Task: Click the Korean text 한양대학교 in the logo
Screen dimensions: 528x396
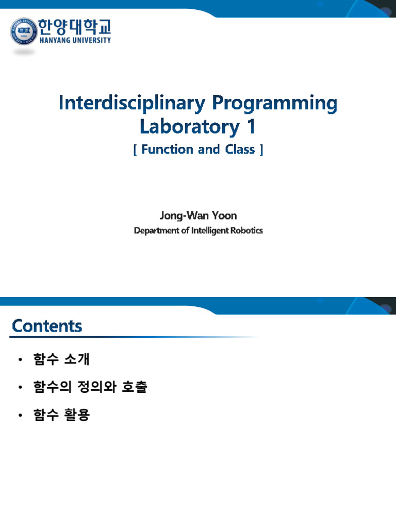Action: pos(74,26)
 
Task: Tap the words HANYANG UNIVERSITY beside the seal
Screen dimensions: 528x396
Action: pos(74,40)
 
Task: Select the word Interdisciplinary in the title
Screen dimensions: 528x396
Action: pos(132,103)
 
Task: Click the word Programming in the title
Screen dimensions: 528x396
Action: pos(274,104)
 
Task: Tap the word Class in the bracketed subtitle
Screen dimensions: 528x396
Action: pos(240,150)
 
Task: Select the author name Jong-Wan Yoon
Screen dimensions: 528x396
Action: pos(198,215)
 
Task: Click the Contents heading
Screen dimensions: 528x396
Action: pos(47,326)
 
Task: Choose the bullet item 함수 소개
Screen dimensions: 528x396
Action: pos(62,360)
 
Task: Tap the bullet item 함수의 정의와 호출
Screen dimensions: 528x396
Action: pos(90,387)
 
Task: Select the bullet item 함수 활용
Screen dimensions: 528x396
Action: pos(62,415)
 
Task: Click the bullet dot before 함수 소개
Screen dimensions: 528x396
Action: pos(20,360)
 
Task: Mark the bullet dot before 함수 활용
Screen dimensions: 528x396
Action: pos(20,415)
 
